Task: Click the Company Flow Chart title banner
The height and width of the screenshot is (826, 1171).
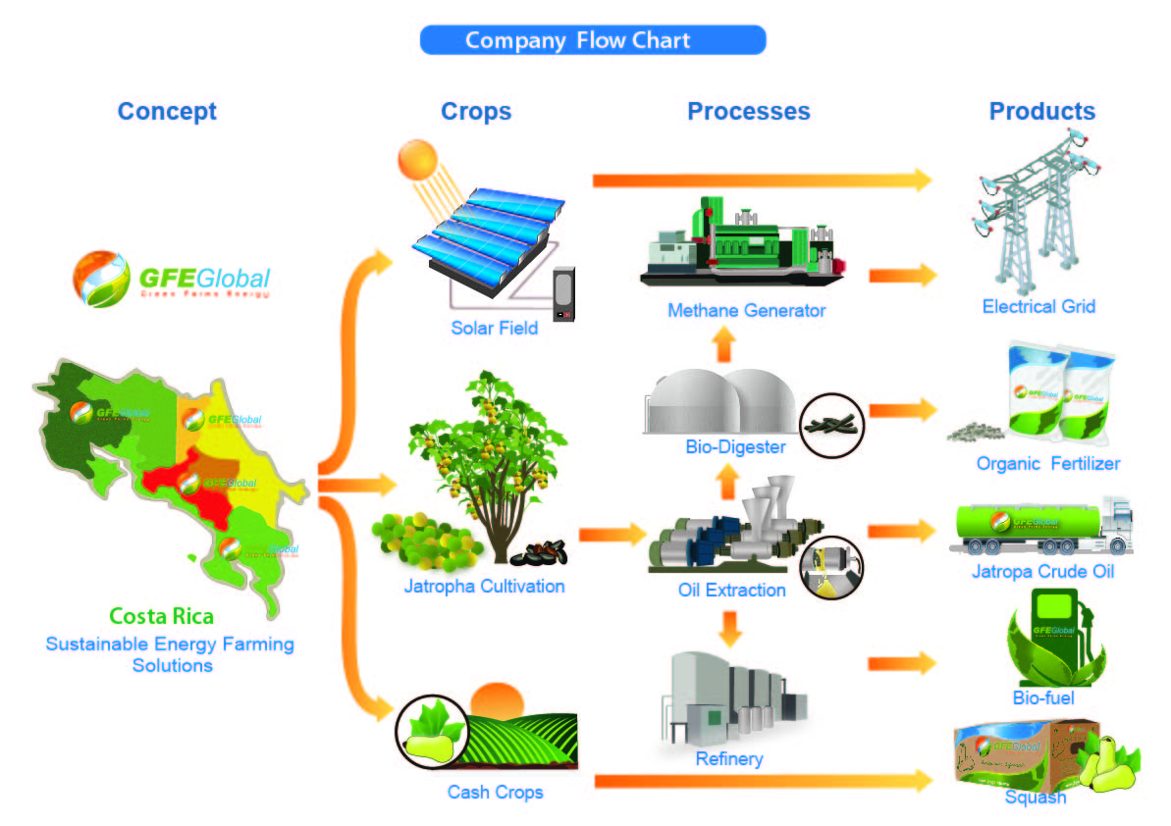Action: (592, 40)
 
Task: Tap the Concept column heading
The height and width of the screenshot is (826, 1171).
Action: (167, 111)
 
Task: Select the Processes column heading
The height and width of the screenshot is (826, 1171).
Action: (748, 111)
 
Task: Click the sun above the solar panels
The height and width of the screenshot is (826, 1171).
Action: (417, 160)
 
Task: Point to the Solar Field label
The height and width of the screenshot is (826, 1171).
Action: (494, 328)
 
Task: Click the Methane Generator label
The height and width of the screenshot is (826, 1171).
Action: (746, 311)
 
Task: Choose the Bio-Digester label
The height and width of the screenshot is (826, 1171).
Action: (735, 447)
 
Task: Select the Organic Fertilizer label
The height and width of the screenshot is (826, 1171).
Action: (1047, 463)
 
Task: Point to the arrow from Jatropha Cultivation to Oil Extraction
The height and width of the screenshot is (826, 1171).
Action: (611, 536)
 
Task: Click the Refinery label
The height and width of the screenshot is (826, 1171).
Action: (728, 758)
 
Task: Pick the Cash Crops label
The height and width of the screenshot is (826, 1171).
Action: (495, 792)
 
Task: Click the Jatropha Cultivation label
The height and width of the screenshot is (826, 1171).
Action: (484, 587)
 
